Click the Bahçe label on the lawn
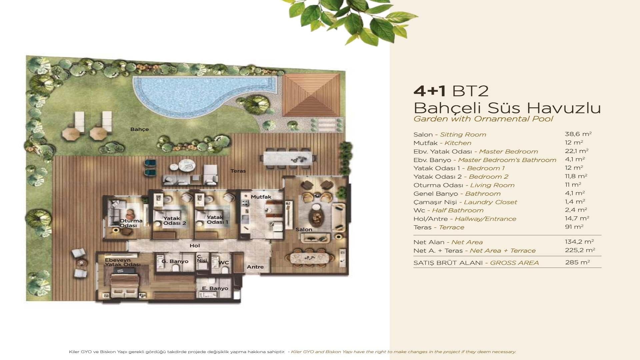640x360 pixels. point(139,129)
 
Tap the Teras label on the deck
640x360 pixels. point(238,171)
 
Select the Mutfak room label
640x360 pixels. point(261,197)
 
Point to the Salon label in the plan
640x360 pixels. point(304,230)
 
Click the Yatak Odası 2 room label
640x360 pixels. point(174,221)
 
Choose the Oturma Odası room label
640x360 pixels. point(131,223)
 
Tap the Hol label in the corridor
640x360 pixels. point(195,246)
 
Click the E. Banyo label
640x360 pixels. point(215,288)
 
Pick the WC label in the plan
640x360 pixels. point(224,263)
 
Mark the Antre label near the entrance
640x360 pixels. point(255,267)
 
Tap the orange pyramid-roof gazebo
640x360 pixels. point(311,95)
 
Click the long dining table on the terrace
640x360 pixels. point(288,158)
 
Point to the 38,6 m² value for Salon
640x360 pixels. point(578,134)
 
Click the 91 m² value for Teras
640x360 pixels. point(574,227)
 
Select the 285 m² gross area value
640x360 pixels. point(577,262)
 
